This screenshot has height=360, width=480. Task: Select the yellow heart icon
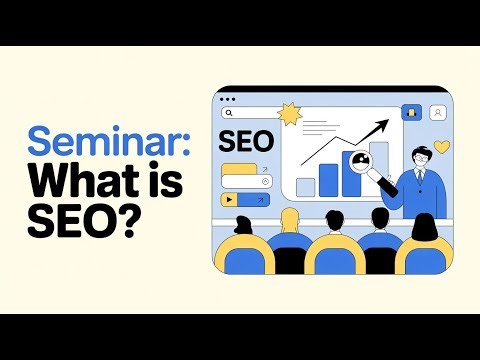[x=442, y=147]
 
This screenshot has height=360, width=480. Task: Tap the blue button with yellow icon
[x=410, y=112]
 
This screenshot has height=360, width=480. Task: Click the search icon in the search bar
[x=229, y=114]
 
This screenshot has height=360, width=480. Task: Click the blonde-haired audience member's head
[x=288, y=219]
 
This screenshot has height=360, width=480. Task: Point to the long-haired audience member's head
[x=422, y=228]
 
